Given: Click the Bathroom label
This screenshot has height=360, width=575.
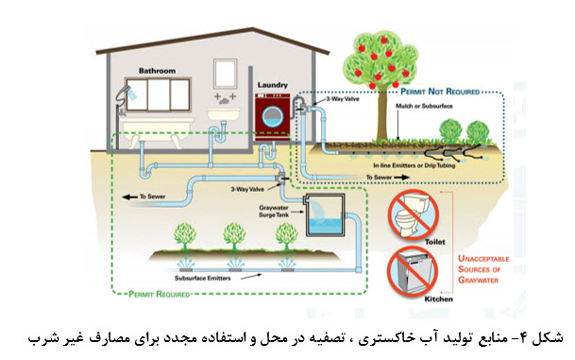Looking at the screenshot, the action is click(157, 71).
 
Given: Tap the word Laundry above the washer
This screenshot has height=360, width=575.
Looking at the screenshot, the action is click(273, 85).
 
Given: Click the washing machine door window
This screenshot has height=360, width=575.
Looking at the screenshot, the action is click(273, 117).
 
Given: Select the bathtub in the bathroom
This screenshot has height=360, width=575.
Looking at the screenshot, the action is click(158, 131).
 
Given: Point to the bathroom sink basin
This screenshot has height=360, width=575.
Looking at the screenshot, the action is click(224, 113).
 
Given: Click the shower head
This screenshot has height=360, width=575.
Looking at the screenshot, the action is click(124, 92).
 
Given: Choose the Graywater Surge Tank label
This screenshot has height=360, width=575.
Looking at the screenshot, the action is click(274, 212).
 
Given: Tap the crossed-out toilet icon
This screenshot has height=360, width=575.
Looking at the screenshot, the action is click(414, 214).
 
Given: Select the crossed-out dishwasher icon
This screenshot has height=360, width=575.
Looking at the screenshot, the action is click(413, 271).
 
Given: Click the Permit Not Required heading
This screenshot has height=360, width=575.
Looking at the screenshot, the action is click(440, 92).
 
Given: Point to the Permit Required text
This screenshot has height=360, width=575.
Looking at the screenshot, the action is click(160, 294).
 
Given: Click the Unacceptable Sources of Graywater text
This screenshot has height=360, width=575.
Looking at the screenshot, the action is click(483, 269).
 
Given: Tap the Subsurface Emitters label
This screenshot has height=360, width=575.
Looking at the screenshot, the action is click(203, 278).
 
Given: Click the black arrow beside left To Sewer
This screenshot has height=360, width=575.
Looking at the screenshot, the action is click(129, 197).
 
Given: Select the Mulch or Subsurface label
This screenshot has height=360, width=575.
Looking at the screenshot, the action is click(424, 106).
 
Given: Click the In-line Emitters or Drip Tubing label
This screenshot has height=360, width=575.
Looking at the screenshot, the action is click(414, 165).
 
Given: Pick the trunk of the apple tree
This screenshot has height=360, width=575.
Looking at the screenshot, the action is click(382, 113).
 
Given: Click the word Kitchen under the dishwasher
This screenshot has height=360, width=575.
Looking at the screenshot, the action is click(439, 300).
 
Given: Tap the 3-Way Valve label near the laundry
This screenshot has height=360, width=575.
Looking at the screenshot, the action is click(343, 98).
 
